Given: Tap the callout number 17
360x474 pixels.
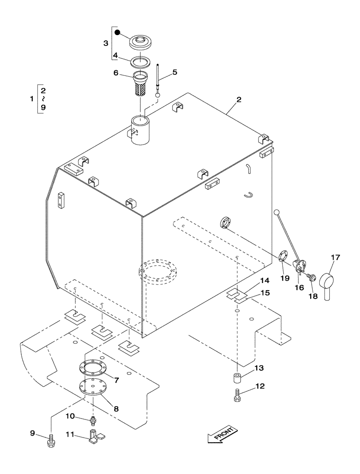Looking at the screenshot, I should coord(335,258).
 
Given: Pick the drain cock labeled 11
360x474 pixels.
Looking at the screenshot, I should coord(96,435).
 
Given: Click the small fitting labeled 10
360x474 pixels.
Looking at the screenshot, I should coord(93,419).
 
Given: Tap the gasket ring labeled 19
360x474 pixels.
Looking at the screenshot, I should coord(282,256).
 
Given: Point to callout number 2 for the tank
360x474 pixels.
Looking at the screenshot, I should coord(239,100).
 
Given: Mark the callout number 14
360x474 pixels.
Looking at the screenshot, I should coord(265,280).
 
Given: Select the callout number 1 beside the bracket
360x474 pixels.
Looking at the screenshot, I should coord(31,99).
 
